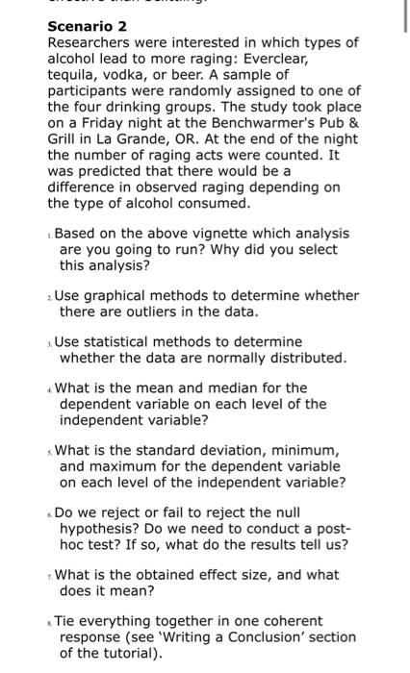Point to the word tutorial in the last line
117,652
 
